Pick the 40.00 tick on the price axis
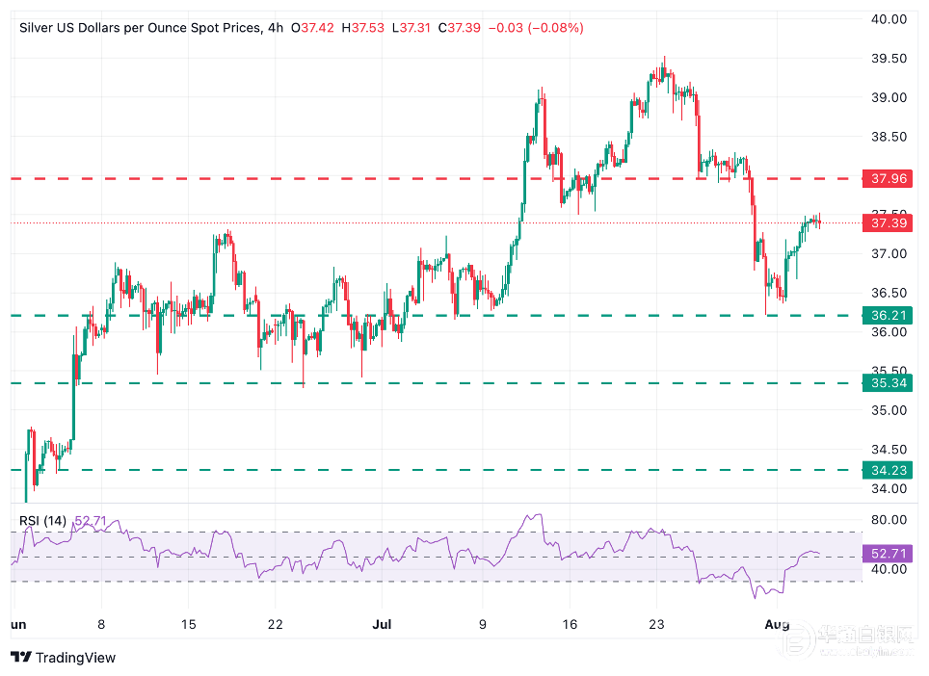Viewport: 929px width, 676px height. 888,18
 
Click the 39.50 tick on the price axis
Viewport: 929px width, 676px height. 888,59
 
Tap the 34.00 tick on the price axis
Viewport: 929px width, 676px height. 888,488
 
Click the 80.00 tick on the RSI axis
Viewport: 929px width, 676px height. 888,520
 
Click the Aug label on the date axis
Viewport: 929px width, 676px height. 778,625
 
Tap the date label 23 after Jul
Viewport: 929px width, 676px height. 656,625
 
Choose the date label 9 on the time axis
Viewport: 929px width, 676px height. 483,625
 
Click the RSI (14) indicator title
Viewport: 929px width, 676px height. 42,521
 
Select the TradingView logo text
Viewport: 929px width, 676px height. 75,658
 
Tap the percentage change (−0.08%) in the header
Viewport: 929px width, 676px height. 553,28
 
